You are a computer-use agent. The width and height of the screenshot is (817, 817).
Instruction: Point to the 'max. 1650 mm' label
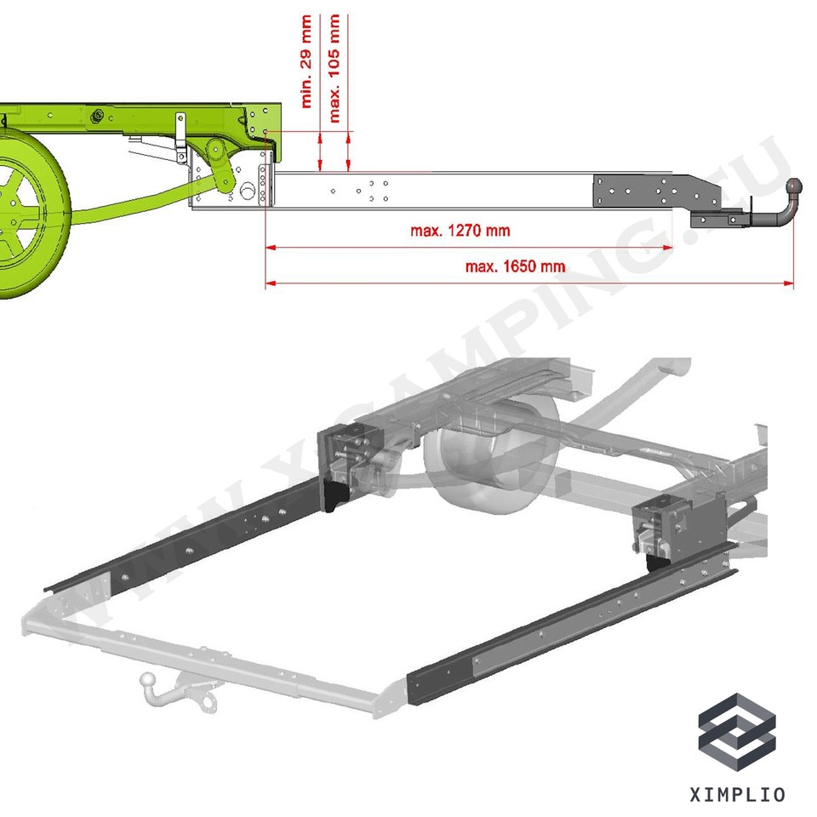[515, 266]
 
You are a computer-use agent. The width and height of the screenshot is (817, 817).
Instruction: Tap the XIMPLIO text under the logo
[737, 795]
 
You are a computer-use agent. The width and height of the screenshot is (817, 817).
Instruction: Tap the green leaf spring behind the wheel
[128, 204]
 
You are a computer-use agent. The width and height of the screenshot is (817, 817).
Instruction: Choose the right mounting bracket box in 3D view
[677, 528]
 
